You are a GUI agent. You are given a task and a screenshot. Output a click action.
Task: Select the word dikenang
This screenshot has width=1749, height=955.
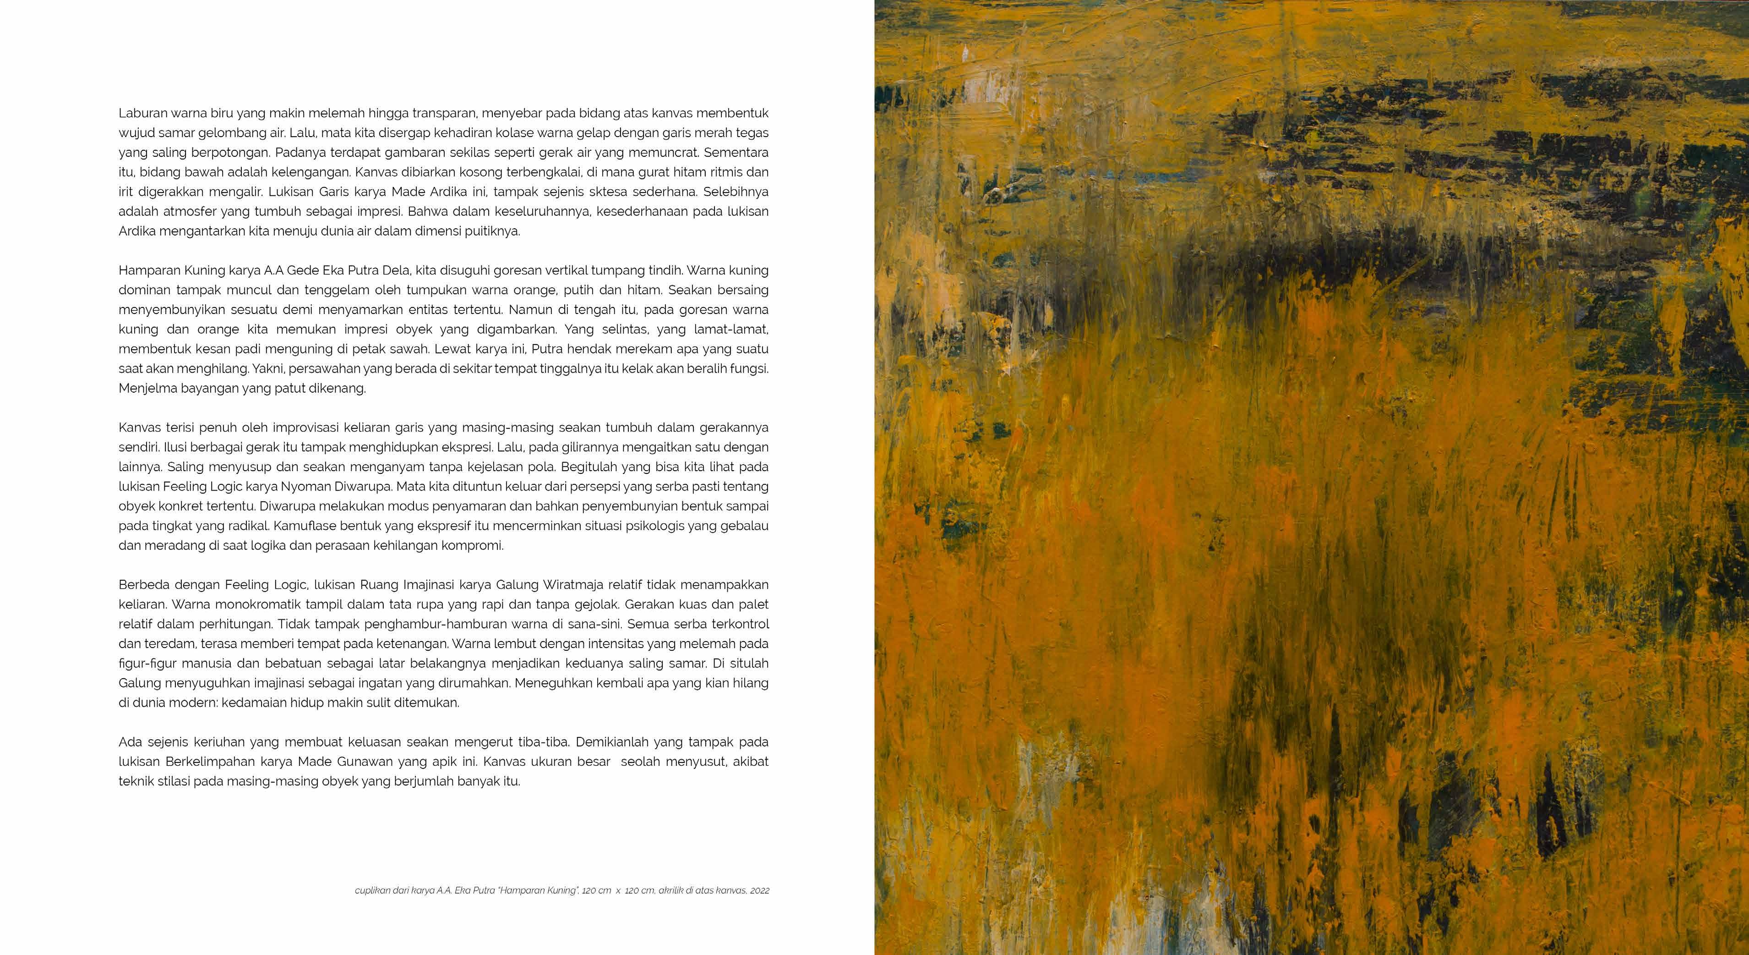coord(343,389)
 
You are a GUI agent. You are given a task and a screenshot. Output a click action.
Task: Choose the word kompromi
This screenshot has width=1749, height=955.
coord(474,545)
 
